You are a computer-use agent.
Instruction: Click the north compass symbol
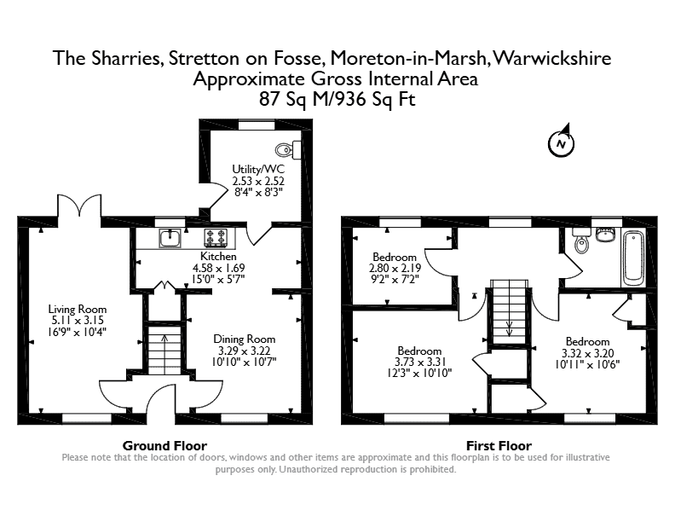562,143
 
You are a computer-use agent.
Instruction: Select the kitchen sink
170,238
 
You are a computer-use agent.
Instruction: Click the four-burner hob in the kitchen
216,238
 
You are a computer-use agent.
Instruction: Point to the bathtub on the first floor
633,258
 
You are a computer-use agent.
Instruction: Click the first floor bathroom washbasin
607,235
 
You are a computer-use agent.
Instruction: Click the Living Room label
77,310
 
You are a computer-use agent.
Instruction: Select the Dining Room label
244,339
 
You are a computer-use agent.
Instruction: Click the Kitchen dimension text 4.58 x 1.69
218,268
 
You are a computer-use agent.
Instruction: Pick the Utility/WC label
258,169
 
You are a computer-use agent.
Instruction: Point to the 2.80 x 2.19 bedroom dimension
395,268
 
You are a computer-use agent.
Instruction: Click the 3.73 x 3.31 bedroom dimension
419,362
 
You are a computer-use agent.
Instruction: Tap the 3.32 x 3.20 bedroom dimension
587,353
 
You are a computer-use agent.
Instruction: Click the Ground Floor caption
164,445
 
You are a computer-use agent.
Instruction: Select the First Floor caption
499,445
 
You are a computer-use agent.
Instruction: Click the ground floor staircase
164,351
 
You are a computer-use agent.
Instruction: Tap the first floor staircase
510,311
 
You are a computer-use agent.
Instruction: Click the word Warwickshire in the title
551,58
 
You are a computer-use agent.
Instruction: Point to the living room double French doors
79,206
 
